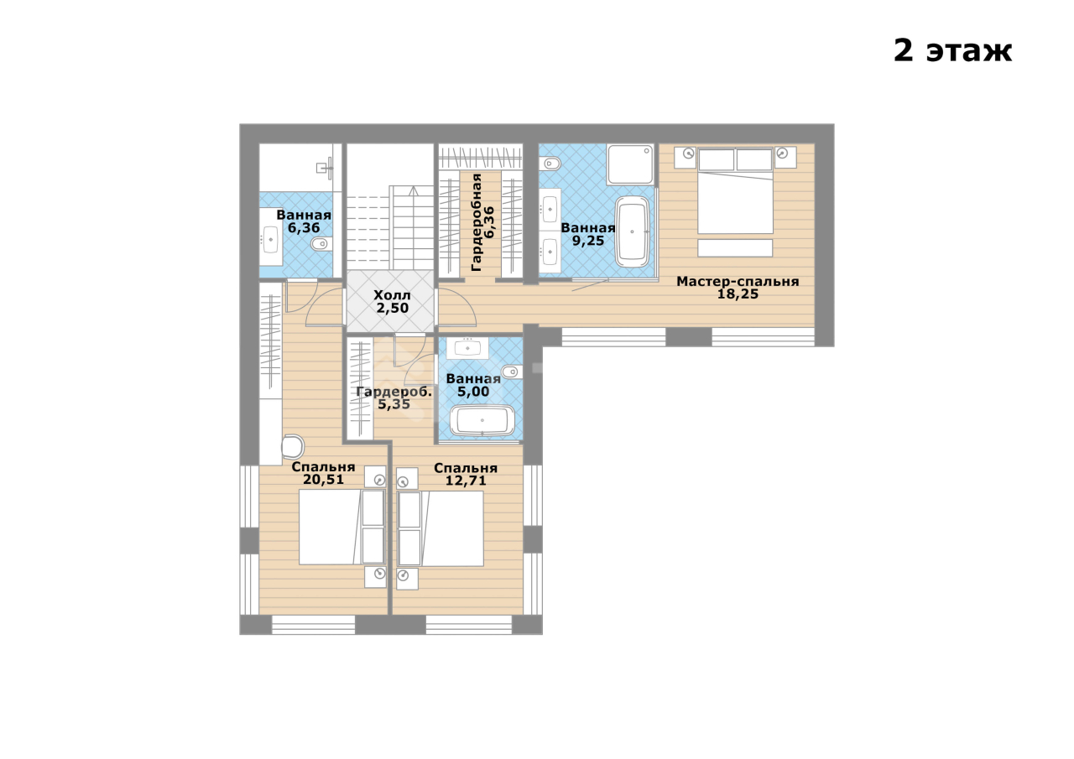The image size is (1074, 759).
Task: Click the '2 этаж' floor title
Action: (x=952, y=51)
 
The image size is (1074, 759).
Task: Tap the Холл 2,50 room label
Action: (x=392, y=301)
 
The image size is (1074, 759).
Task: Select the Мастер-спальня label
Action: (x=738, y=281)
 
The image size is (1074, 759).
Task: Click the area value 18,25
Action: (x=738, y=294)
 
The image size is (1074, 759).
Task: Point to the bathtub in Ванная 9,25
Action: (x=633, y=231)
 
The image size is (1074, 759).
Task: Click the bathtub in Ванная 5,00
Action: (x=482, y=421)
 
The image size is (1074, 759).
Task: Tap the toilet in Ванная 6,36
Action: (x=320, y=244)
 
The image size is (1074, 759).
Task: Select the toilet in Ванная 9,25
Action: (x=550, y=164)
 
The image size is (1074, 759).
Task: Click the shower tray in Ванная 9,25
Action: (x=630, y=164)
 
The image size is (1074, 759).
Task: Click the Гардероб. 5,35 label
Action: (x=394, y=398)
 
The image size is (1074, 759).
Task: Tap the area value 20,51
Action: (x=323, y=479)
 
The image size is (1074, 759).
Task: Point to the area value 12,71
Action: (x=466, y=480)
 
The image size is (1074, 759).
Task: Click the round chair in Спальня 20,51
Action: (x=293, y=446)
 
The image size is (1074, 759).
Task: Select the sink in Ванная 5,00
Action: (x=467, y=348)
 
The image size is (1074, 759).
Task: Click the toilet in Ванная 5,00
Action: (x=512, y=372)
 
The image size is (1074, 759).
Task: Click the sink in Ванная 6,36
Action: (x=271, y=237)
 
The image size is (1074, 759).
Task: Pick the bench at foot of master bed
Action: (x=735, y=248)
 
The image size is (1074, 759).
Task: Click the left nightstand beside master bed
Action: (x=686, y=157)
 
